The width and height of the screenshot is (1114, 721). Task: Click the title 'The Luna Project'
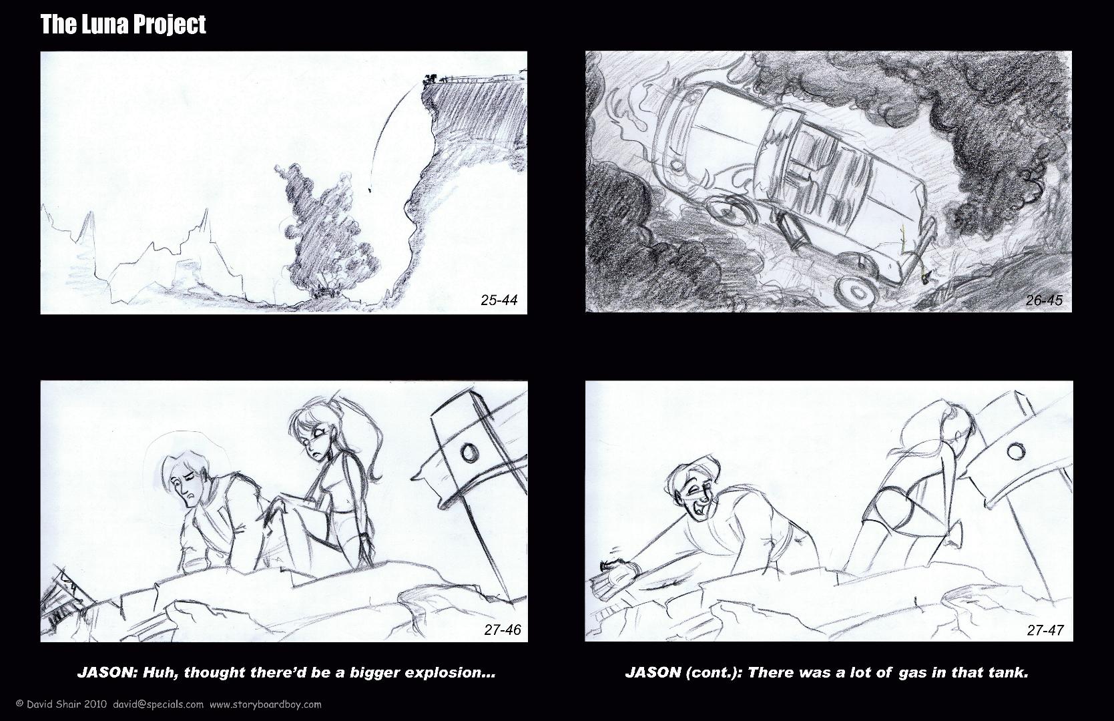tap(123, 25)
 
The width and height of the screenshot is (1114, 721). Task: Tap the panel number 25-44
tap(499, 300)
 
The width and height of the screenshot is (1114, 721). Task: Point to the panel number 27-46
tap(503, 630)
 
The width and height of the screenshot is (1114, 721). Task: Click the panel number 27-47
tap(1045, 630)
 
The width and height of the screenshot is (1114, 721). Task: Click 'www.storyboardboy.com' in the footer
tap(266, 704)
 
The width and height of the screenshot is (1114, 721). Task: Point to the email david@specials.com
tap(158, 704)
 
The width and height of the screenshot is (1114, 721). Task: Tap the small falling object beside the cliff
tap(370, 189)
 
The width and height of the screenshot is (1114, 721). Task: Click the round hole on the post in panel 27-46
tap(469, 453)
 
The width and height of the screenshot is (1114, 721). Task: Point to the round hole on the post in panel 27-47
tap(1015, 451)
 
